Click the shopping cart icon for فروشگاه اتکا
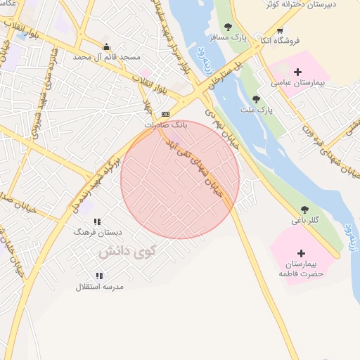(x=280, y=30)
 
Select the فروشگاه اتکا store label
(x=279, y=41)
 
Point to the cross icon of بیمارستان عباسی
(x=298, y=72)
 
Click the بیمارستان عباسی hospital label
(x=298, y=82)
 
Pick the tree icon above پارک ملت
(x=255, y=99)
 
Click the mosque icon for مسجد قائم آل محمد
(x=106, y=47)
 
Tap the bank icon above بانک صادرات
(x=165, y=113)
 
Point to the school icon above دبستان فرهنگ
(x=97, y=221)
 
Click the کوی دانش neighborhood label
(x=127, y=251)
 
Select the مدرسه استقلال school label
(x=99, y=287)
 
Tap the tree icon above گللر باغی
(x=304, y=210)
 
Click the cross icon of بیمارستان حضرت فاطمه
(x=302, y=253)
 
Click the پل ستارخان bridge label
(x=232, y=71)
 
